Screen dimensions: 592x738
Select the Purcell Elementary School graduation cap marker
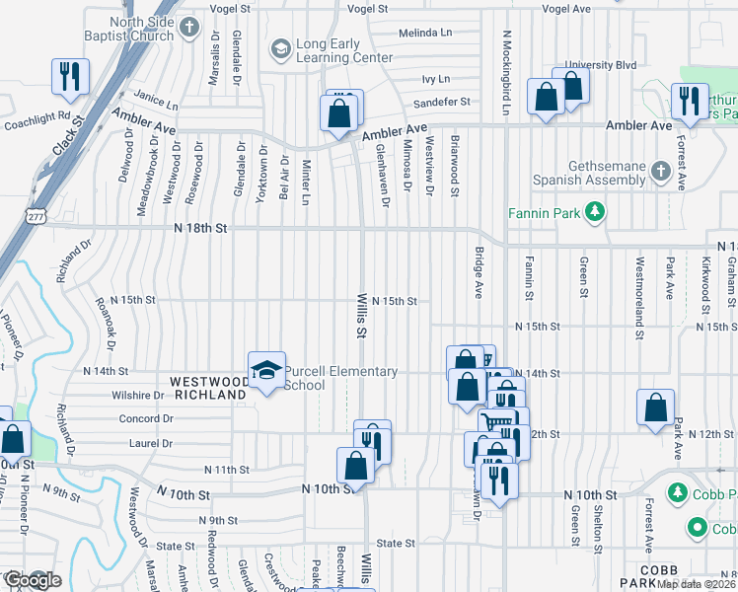(x=266, y=372)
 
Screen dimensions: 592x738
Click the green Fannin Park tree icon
(x=594, y=211)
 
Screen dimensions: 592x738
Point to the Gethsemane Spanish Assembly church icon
(x=660, y=173)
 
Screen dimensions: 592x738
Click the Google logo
(x=32, y=580)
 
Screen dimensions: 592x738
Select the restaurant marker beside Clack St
(x=70, y=77)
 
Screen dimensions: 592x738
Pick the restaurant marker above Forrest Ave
(x=689, y=100)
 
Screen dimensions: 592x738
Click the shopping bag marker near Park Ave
(x=656, y=408)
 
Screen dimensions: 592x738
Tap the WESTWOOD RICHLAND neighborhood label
(x=208, y=388)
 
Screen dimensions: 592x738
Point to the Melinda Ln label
(x=425, y=34)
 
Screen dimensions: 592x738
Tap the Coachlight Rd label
(x=37, y=120)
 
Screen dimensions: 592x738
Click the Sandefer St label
(x=443, y=102)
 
